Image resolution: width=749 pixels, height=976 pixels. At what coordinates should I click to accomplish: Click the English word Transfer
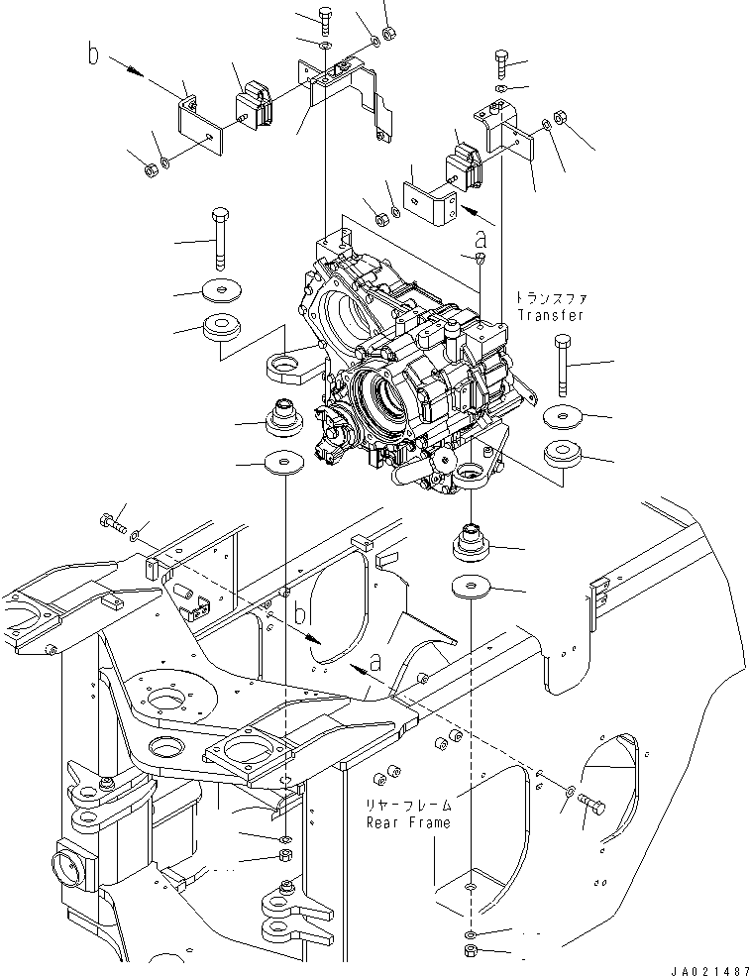tap(549, 315)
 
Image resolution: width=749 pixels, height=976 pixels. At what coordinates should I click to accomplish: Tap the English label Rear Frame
tap(407, 821)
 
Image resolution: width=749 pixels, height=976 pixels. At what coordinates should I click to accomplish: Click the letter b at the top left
tap(94, 55)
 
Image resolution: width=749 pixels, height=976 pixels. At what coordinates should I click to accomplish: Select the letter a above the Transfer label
tap(481, 239)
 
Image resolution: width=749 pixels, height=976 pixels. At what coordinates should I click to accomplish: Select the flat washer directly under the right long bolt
tap(564, 416)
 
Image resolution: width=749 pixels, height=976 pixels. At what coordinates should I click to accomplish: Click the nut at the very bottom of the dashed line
tap(472, 953)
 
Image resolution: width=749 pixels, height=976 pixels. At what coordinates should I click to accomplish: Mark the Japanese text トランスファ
tap(549, 297)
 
